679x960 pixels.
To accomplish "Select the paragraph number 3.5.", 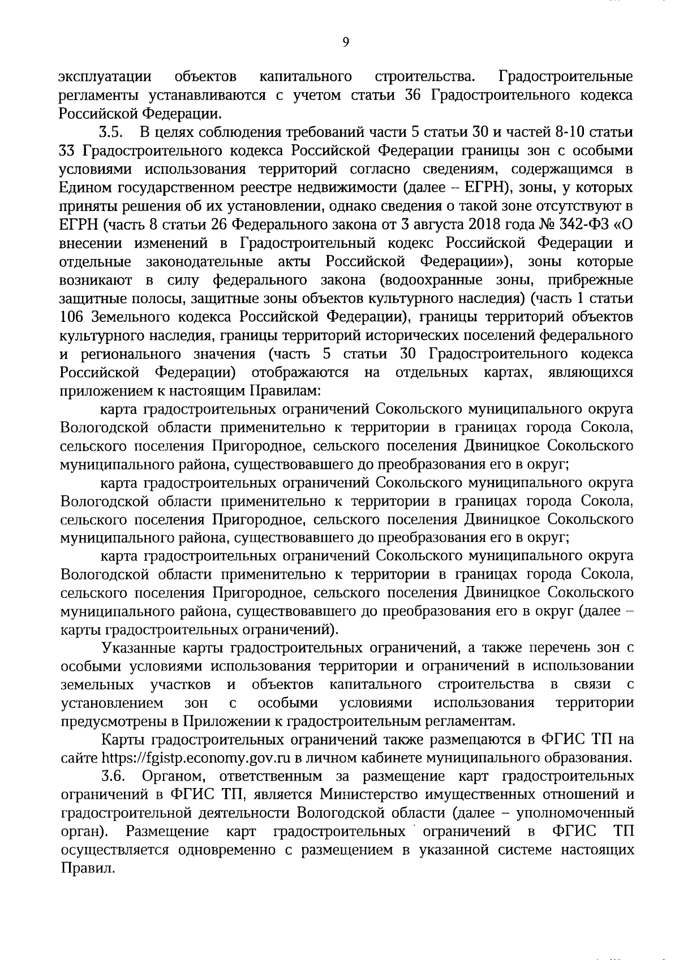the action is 111,134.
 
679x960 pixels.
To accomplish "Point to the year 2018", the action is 486,225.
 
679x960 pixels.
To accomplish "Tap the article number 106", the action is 72,317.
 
